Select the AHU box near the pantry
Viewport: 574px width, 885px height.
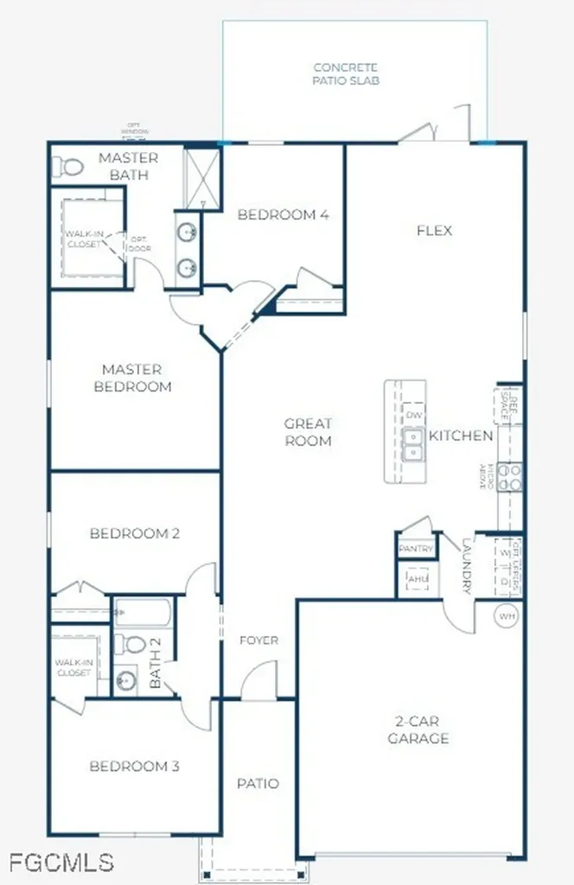point(417,578)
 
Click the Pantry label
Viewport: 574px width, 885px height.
point(415,549)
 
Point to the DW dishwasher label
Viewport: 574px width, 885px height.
point(414,416)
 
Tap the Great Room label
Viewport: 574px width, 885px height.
point(309,432)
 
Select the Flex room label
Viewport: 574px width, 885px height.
point(434,231)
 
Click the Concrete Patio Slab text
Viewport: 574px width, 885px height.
point(347,73)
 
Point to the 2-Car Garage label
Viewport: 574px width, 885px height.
point(418,730)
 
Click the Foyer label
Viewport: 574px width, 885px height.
point(258,640)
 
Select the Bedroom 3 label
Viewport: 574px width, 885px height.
point(135,767)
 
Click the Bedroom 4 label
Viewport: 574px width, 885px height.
point(284,214)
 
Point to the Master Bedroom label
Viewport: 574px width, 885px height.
point(132,378)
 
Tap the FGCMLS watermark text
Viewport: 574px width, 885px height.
point(61,862)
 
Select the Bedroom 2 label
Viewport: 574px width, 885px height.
point(135,533)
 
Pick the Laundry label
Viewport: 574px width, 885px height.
point(468,567)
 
